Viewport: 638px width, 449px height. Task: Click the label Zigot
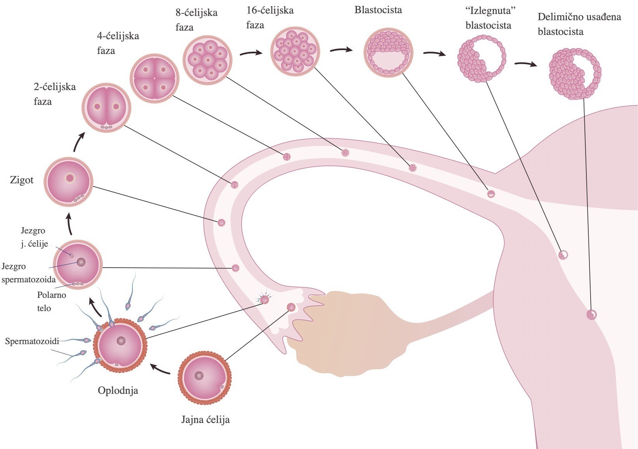coord(22,180)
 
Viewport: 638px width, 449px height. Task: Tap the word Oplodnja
coord(118,390)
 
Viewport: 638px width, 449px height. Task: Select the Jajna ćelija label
coord(205,419)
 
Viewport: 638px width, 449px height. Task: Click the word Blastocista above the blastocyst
coord(378,10)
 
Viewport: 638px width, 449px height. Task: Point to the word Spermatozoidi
coord(32,341)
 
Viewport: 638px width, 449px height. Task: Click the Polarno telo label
coord(51,301)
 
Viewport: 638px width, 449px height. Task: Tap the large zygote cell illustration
coord(69,182)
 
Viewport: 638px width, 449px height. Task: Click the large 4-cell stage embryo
coord(154,78)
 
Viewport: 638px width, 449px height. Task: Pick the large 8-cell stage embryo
coord(207,60)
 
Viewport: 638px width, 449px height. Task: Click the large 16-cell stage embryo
coord(295,50)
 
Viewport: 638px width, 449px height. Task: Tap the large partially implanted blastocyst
coord(575,74)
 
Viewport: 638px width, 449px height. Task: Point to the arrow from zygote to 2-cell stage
coord(79,142)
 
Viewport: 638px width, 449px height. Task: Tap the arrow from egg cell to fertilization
coord(160,369)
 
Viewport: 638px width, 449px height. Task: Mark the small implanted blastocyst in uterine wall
coord(591,315)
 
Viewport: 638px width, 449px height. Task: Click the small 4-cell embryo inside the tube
coord(287,157)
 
